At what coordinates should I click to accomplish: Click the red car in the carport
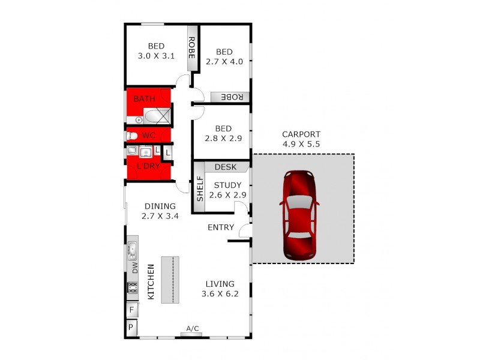[x=299, y=216]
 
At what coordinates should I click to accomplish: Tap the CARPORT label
[x=302, y=134]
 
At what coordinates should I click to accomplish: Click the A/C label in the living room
[x=193, y=329]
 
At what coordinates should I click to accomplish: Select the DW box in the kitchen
[x=134, y=267]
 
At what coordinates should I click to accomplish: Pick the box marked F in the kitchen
[x=131, y=310]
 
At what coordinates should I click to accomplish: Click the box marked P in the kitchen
[x=131, y=328]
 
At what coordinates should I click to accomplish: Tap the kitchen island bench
[x=170, y=279]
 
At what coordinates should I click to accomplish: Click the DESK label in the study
[x=226, y=167]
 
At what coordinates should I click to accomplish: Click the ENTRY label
[x=221, y=227]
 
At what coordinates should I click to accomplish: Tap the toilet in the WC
[x=132, y=136]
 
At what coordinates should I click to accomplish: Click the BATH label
[x=144, y=98]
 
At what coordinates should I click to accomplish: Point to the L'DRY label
[x=148, y=166]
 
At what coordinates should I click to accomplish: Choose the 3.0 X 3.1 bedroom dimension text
[x=156, y=56]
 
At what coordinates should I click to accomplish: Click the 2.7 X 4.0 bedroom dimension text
[x=224, y=61]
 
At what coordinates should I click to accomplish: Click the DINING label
[x=160, y=206]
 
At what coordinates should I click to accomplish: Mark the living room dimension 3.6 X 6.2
[x=220, y=294]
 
